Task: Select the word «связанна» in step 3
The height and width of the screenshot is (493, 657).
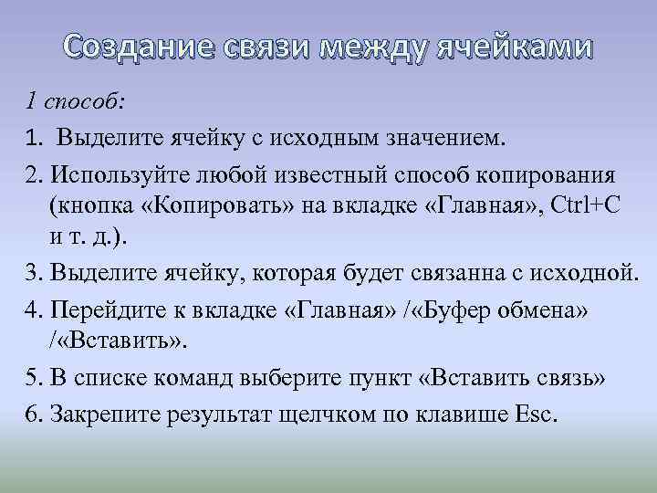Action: click(x=441, y=273)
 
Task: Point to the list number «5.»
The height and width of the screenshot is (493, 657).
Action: click(x=34, y=378)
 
